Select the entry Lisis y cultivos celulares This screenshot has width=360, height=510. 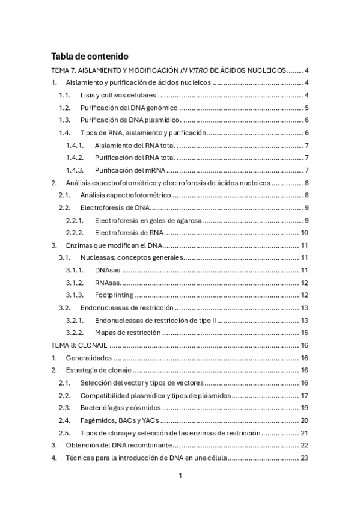coord(118,95)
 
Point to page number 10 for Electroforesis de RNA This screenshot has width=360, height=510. coord(305,233)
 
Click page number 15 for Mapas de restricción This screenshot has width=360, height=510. coord(305,333)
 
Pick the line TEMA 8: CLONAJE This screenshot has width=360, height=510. coord(79,345)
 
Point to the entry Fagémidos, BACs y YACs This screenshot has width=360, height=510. coord(118,420)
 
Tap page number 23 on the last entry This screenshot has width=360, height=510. coord(305,458)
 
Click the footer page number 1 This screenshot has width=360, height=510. coord(180,476)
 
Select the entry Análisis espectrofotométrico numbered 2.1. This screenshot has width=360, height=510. coord(126,195)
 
